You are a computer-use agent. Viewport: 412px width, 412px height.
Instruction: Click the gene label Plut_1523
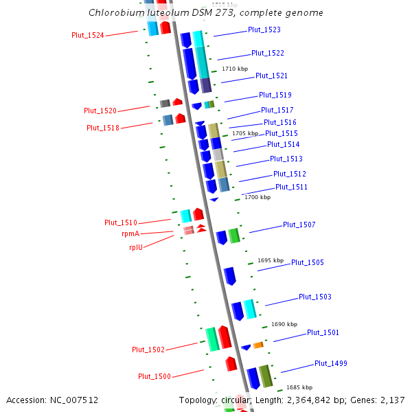264,30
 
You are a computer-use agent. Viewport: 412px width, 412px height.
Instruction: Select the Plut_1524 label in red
88,36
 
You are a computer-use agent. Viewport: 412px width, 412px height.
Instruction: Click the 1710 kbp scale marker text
234,69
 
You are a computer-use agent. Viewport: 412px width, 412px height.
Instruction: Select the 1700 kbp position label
257,197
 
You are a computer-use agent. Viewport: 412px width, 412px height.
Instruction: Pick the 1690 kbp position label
284,324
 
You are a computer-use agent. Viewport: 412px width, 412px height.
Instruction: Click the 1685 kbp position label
299,387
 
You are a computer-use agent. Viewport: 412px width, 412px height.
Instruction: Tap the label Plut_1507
299,225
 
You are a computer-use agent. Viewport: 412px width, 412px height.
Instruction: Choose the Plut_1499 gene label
331,363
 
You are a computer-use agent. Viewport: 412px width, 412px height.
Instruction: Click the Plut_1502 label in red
148,350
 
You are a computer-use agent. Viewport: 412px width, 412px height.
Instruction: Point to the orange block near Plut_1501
258,345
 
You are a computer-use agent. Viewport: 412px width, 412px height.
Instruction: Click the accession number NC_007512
71,400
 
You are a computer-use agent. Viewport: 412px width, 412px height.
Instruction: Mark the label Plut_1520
100,111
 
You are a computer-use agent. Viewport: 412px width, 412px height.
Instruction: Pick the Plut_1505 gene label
308,263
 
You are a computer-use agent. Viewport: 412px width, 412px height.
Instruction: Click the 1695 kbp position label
271,261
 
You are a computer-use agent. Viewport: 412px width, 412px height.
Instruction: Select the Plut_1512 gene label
290,174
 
